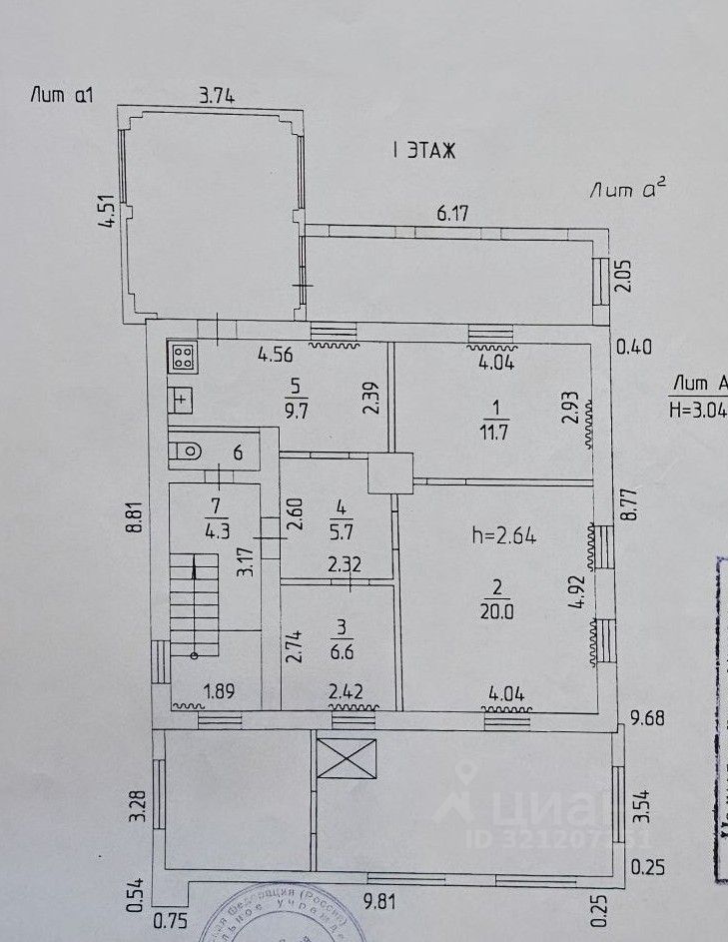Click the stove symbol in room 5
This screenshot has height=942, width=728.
pos(182,357)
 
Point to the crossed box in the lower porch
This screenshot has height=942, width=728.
pos(347,759)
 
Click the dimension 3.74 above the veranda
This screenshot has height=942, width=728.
pos(217,97)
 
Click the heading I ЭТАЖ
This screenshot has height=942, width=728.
pos(424,152)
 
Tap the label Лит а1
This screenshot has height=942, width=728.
pos(62,96)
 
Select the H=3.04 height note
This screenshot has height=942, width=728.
pos(697,408)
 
